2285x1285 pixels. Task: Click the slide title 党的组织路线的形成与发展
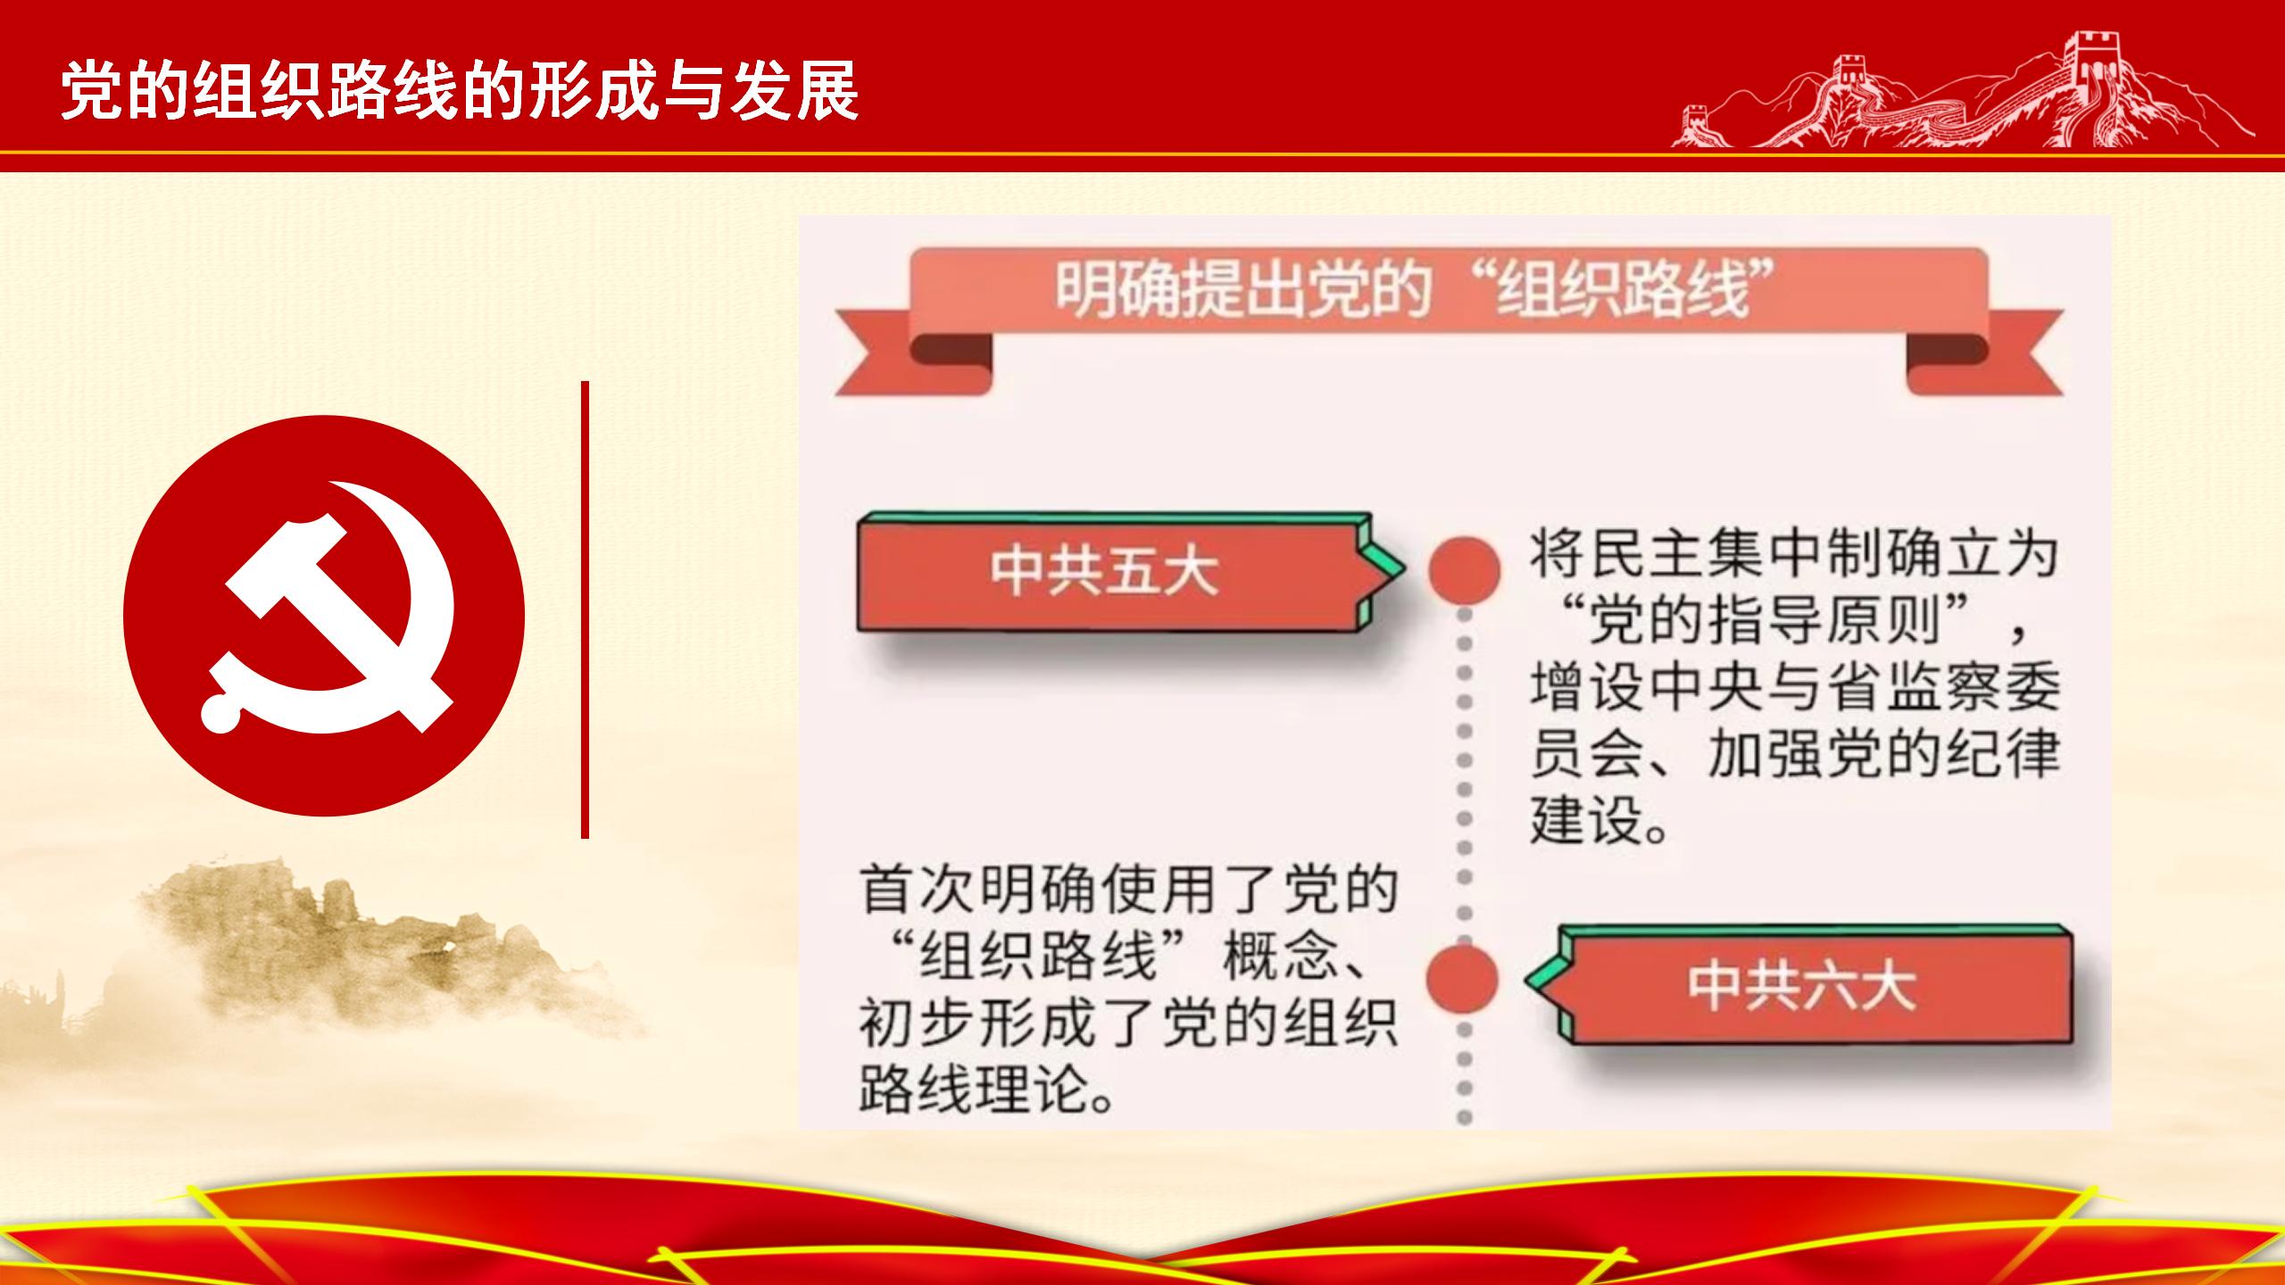(461, 90)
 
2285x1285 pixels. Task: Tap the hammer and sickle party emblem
(324, 616)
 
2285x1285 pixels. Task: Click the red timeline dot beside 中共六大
(1462, 978)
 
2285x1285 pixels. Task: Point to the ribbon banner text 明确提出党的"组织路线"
(1401, 290)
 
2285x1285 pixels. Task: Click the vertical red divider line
(585, 609)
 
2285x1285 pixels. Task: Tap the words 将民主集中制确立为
(1795, 554)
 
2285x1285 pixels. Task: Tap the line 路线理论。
(987, 1089)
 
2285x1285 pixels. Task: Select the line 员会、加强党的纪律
(1795, 755)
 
